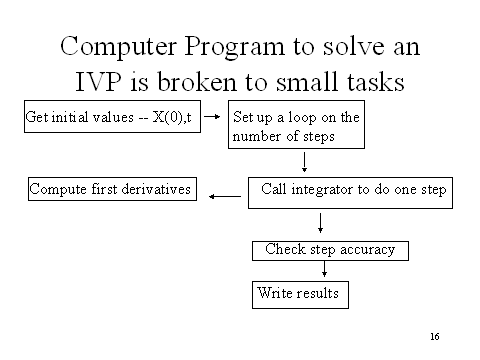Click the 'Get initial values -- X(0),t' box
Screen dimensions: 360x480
click(111, 117)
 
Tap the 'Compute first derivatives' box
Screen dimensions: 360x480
click(111, 187)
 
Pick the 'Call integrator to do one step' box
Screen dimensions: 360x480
click(354, 188)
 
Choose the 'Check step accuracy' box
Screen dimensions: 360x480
click(330, 249)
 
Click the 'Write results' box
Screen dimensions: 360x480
click(299, 293)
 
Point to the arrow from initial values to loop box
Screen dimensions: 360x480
click(212, 117)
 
